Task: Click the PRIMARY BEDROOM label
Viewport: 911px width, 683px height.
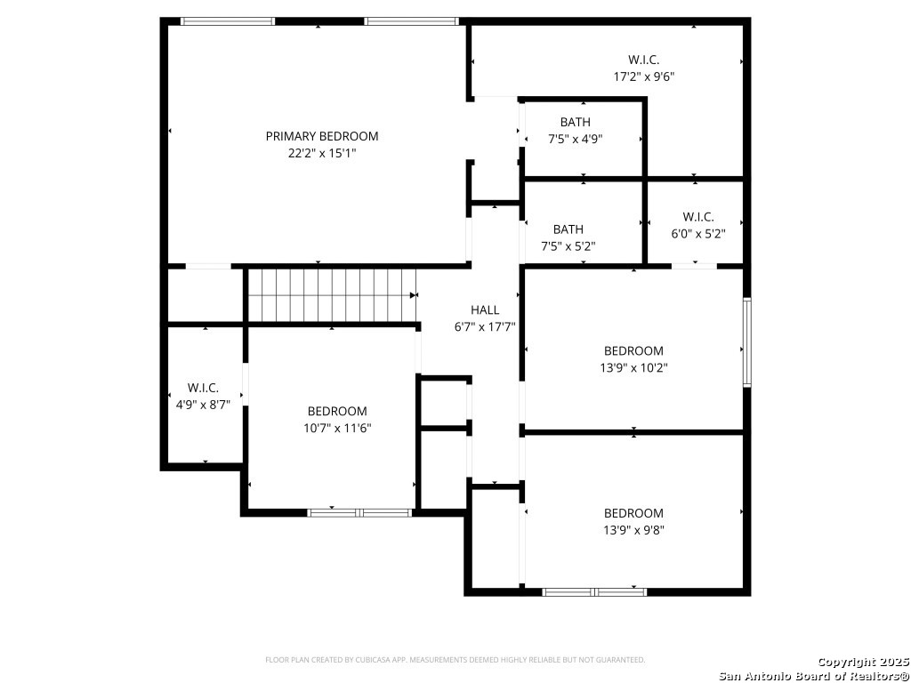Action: click(x=322, y=136)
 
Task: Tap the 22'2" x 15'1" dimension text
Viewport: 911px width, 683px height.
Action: click(x=322, y=153)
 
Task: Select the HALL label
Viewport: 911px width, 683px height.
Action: click(x=485, y=310)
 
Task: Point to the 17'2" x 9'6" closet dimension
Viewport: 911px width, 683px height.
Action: click(x=644, y=76)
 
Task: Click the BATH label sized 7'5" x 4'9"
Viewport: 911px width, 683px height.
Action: click(x=576, y=122)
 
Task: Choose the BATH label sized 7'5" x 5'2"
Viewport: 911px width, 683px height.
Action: click(x=568, y=229)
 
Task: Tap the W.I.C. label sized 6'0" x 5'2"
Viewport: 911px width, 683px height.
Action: click(x=698, y=217)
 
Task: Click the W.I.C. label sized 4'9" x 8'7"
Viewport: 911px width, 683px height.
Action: click(x=203, y=388)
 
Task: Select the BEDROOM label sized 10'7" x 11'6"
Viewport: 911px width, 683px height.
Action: click(x=337, y=411)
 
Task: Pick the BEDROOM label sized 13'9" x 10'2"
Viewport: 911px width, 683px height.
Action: click(x=633, y=350)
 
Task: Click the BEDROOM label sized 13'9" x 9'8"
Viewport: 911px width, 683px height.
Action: click(x=633, y=513)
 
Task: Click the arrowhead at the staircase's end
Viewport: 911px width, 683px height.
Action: click(x=414, y=295)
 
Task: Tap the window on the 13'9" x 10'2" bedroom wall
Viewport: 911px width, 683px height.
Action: click(x=747, y=342)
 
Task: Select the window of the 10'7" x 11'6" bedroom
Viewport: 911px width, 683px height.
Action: click(x=359, y=513)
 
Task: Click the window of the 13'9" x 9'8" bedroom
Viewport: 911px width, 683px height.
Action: click(x=594, y=592)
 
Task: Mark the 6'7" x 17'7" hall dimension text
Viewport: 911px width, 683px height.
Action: click(x=485, y=327)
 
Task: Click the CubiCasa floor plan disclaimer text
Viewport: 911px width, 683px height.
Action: click(x=455, y=660)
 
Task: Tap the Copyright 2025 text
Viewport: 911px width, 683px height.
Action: click(x=863, y=662)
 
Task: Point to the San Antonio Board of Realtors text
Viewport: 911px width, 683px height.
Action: click(x=814, y=676)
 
